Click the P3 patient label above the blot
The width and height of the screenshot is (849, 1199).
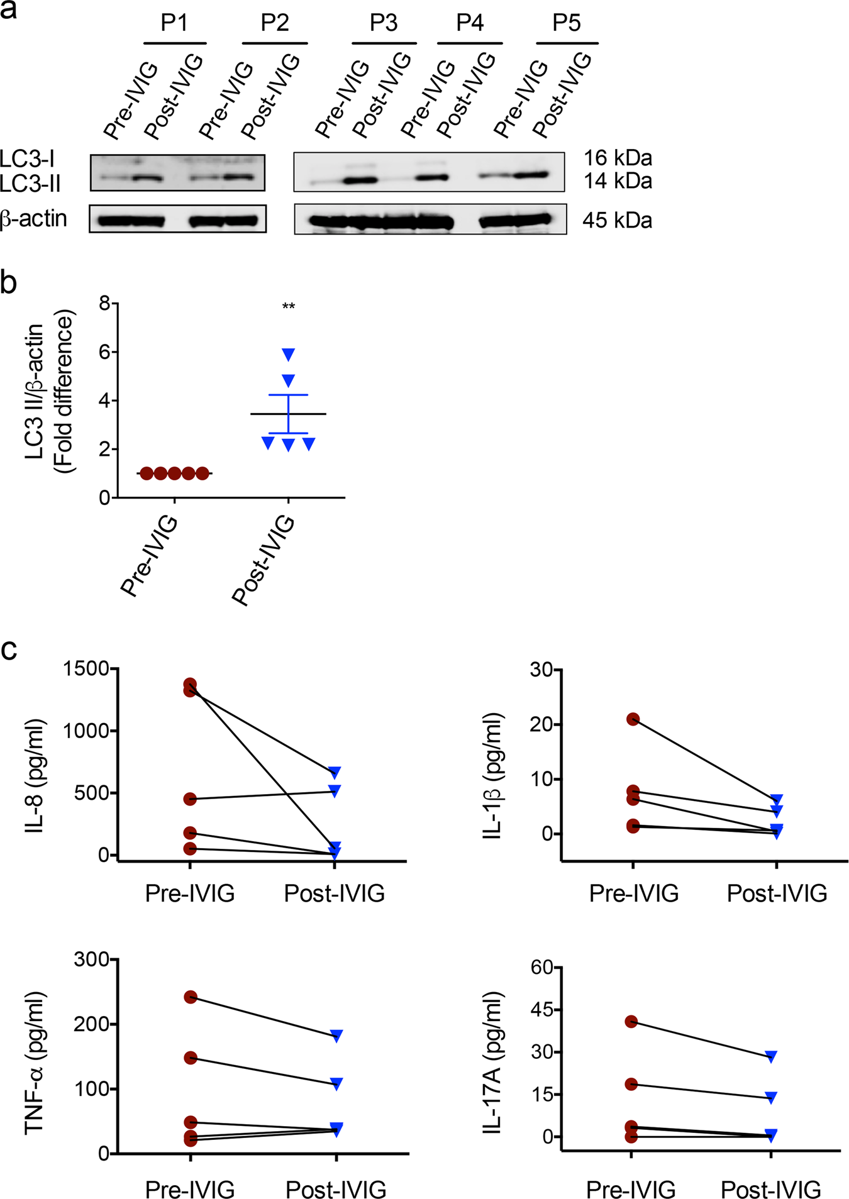383,23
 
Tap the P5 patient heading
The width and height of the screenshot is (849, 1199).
566,23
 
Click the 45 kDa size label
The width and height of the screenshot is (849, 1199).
617,220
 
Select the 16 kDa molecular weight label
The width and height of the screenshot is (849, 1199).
618,157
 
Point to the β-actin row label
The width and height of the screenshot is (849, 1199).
34,219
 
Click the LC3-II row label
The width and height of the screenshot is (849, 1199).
30,184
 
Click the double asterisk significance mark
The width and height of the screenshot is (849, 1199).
288,307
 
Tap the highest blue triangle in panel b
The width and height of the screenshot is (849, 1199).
288,355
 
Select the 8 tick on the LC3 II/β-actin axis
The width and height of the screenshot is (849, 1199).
104,304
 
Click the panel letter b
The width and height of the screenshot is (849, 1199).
9,282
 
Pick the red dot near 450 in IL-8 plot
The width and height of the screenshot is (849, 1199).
190,799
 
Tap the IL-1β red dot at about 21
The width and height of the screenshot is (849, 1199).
633,719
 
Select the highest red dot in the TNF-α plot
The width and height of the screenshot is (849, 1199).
191,997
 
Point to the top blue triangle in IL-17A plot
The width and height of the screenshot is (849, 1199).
771,1056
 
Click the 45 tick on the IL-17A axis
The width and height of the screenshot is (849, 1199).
546,1010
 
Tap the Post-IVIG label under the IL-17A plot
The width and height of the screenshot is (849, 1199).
770,1190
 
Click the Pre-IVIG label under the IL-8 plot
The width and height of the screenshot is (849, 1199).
190,893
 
